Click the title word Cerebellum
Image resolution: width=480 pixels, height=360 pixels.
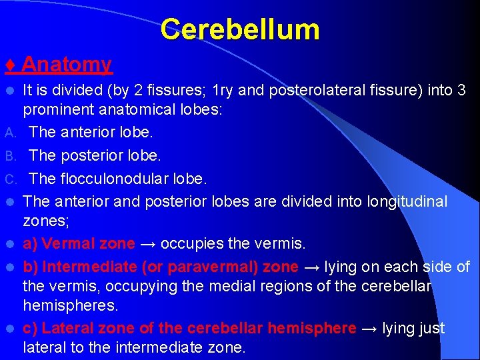tap(240, 30)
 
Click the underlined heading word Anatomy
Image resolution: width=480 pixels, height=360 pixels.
tap(67, 65)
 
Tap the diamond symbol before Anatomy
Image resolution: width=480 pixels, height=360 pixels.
tap(10, 65)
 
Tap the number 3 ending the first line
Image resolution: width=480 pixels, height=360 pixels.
tap(461, 89)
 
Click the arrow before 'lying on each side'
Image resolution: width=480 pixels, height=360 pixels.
tap(312, 267)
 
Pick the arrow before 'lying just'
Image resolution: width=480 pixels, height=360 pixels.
tap(369, 328)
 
